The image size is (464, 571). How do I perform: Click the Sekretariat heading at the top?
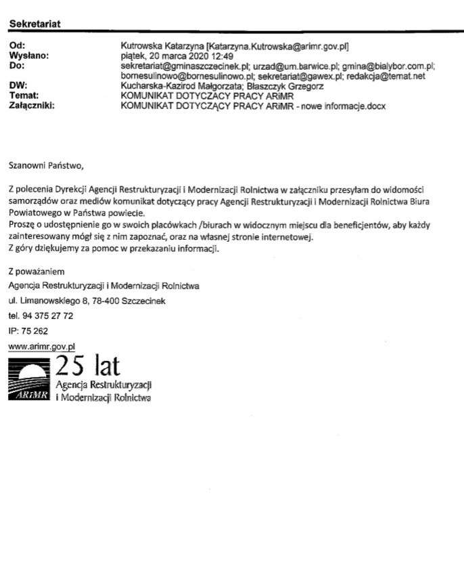click(34, 24)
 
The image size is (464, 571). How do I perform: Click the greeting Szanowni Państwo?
click(47, 164)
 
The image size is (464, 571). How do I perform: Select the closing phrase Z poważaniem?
click(34, 271)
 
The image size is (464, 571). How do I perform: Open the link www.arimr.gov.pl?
click(41, 346)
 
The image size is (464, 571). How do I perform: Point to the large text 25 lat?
click(87, 366)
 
